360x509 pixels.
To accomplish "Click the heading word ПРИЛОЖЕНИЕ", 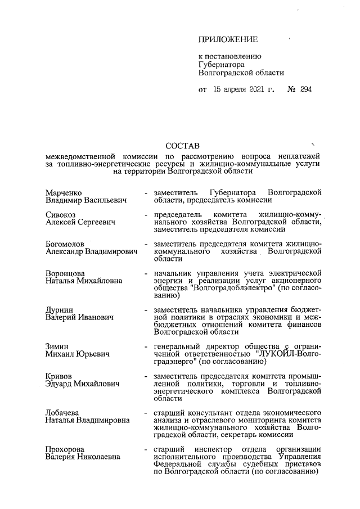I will pyautogui.click(x=228, y=39).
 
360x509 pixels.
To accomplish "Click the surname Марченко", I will pyautogui.click(x=64, y=193).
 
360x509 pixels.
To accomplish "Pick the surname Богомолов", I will pyautogui.click(x=65, y=244).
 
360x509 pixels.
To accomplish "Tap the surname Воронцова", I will pyautogui.click(x=65, y=273).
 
